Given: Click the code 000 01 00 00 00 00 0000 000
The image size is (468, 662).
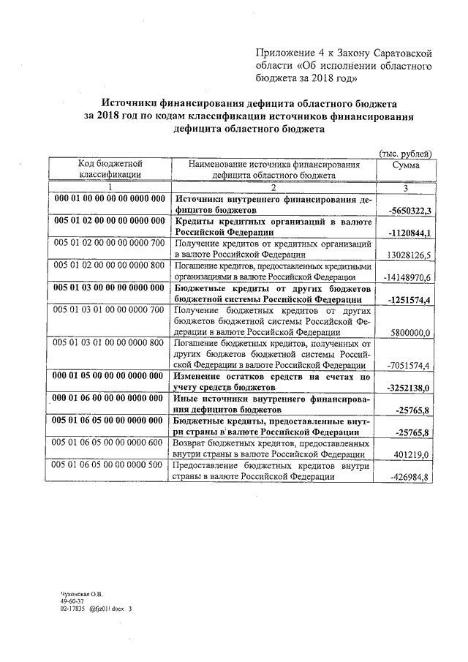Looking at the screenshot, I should tap(110, 199).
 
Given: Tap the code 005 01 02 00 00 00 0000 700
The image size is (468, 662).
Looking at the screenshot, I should tap(110, 243).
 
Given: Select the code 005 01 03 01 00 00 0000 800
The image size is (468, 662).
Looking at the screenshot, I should tap(110, 342).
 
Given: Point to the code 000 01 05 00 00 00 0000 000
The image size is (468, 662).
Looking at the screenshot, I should tap(110, 376).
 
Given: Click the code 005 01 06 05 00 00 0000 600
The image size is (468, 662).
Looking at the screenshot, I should tap(110, 443).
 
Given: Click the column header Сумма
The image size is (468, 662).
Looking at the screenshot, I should tap(406, 166).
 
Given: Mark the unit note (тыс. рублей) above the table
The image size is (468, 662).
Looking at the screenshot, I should tap(404, 153).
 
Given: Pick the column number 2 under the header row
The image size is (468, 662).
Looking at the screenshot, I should tap(273, 187).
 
